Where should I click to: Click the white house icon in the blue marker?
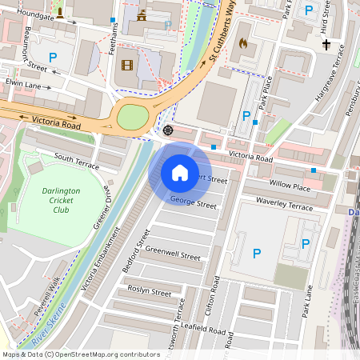(x=180, y=172)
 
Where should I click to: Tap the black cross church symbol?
(x=327, y=45)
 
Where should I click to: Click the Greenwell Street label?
(x=173, y=253)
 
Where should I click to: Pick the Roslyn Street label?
(x=150, y=292)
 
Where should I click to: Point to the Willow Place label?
(x=290, y=186)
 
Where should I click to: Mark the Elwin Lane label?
(x=22, y=82)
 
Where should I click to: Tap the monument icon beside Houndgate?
(x=59, y=14)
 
